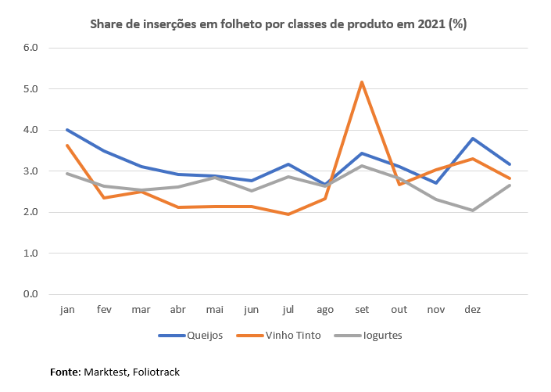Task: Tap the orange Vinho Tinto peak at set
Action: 363,81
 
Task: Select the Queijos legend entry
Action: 191,336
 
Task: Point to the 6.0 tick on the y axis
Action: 30,48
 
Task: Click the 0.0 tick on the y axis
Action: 30,294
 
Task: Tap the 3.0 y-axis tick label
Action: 30,171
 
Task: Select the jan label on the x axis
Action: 67,310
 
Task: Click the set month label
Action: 363,310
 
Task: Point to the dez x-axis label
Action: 473,310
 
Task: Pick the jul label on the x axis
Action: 288,310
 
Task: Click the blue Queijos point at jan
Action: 67,130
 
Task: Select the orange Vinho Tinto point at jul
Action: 288,214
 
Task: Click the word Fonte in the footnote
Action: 65,372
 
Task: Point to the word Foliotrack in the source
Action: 156,372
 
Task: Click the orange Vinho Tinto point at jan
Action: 67,145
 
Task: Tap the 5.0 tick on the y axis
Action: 30,89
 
